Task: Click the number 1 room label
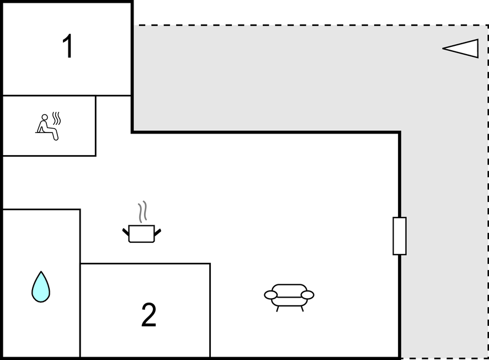click(x=68, y=46)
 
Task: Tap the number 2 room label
click(x=148, y=315)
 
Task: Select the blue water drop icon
click(x=41, y=287)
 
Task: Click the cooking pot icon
click(x=142, y=222)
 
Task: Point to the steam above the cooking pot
click(x=142, y=211)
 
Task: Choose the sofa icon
click(x=289, y=298)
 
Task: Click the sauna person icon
click(x=48, y=126)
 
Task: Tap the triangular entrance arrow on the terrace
click(x=461, y=49)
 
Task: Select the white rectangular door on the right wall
click(x=400, y=236)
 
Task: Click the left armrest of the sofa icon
click(x=270, y=295)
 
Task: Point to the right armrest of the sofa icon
click(x=307, y=295)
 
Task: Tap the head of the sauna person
click(x=45, y=117)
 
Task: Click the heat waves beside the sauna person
click(x=56, y=118)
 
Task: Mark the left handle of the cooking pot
click(x=125, y=232)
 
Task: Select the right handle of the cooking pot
click(x=158, y=232)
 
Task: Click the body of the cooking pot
click(x=142, y=234)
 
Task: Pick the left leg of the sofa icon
click(x=278, y=309)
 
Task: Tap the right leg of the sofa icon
click(x=302, y=309)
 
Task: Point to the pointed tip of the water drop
click(x=41, y=272)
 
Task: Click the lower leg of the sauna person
click(x=56, y=135)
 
